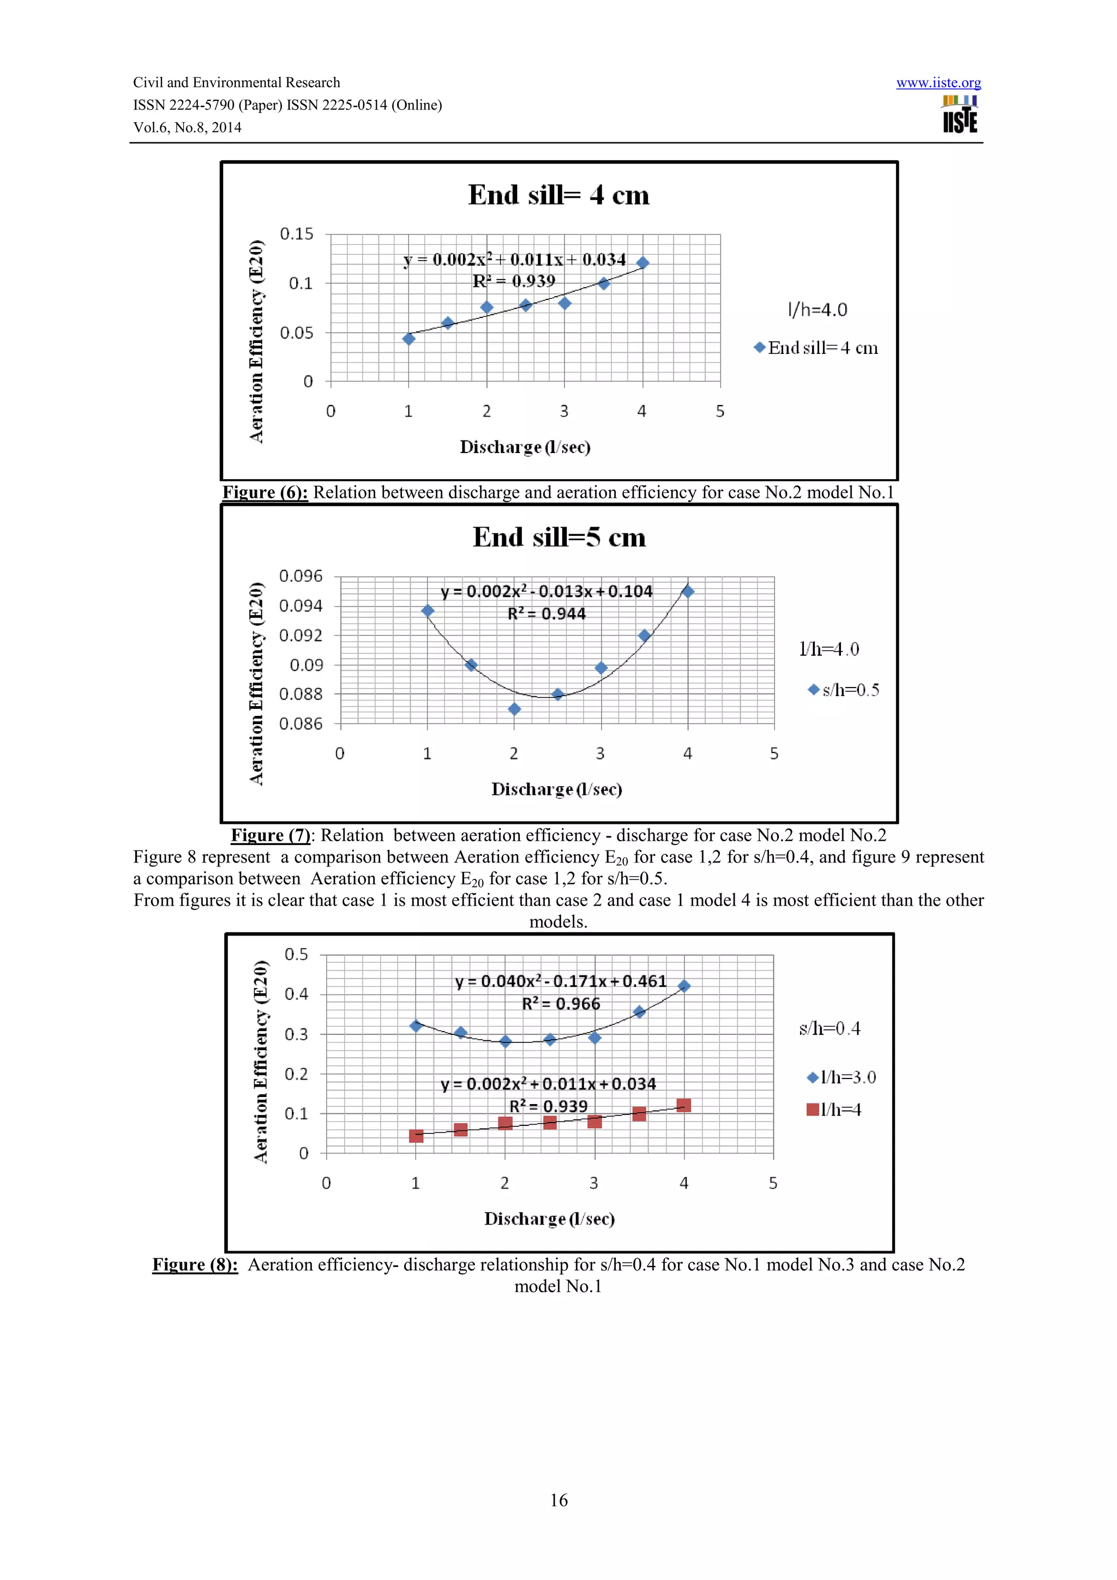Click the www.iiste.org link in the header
coord(938,83)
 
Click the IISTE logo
coord(959,114)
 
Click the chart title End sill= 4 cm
coord(558,195)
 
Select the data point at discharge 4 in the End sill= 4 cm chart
coord(643,263)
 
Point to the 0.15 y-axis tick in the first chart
coord(297,234)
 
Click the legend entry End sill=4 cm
coord(817,348)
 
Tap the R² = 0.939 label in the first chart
coord(513,281)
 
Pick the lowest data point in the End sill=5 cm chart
coord(514,709)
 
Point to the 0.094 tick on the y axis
coord(301,606)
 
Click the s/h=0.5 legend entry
coord(844,690)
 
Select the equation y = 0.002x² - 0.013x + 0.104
coord(547,591)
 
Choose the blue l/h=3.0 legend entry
coord(841,1078)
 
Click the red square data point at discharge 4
coord(683,1106)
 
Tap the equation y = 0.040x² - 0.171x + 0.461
coord(560,981)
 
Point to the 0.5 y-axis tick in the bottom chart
coord(297,955)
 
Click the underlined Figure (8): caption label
coord(195,1265)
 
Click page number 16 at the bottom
coord(558,1500)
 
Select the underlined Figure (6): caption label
coord(265,493)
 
